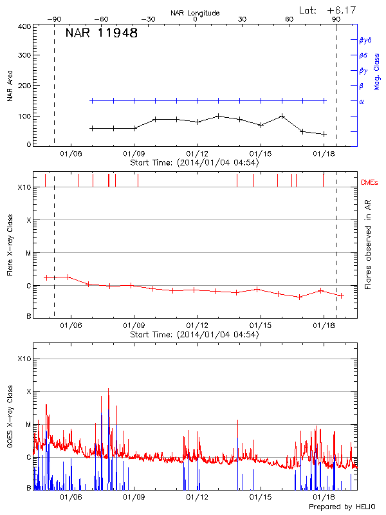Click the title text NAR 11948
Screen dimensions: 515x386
point(102,33)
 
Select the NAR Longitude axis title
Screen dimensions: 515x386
point(195,13)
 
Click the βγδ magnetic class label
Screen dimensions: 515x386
point(365,40)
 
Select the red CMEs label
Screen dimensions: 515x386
point(369,182)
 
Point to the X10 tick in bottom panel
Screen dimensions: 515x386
point(24,359)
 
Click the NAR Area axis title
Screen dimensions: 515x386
point(10,87)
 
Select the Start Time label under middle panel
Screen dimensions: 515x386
point(194,334)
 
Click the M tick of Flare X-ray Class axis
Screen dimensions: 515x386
point(28,253)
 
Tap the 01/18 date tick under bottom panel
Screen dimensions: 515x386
point(322,498)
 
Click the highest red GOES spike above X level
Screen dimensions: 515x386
point(108,389)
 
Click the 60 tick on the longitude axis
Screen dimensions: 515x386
point(289,19)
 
